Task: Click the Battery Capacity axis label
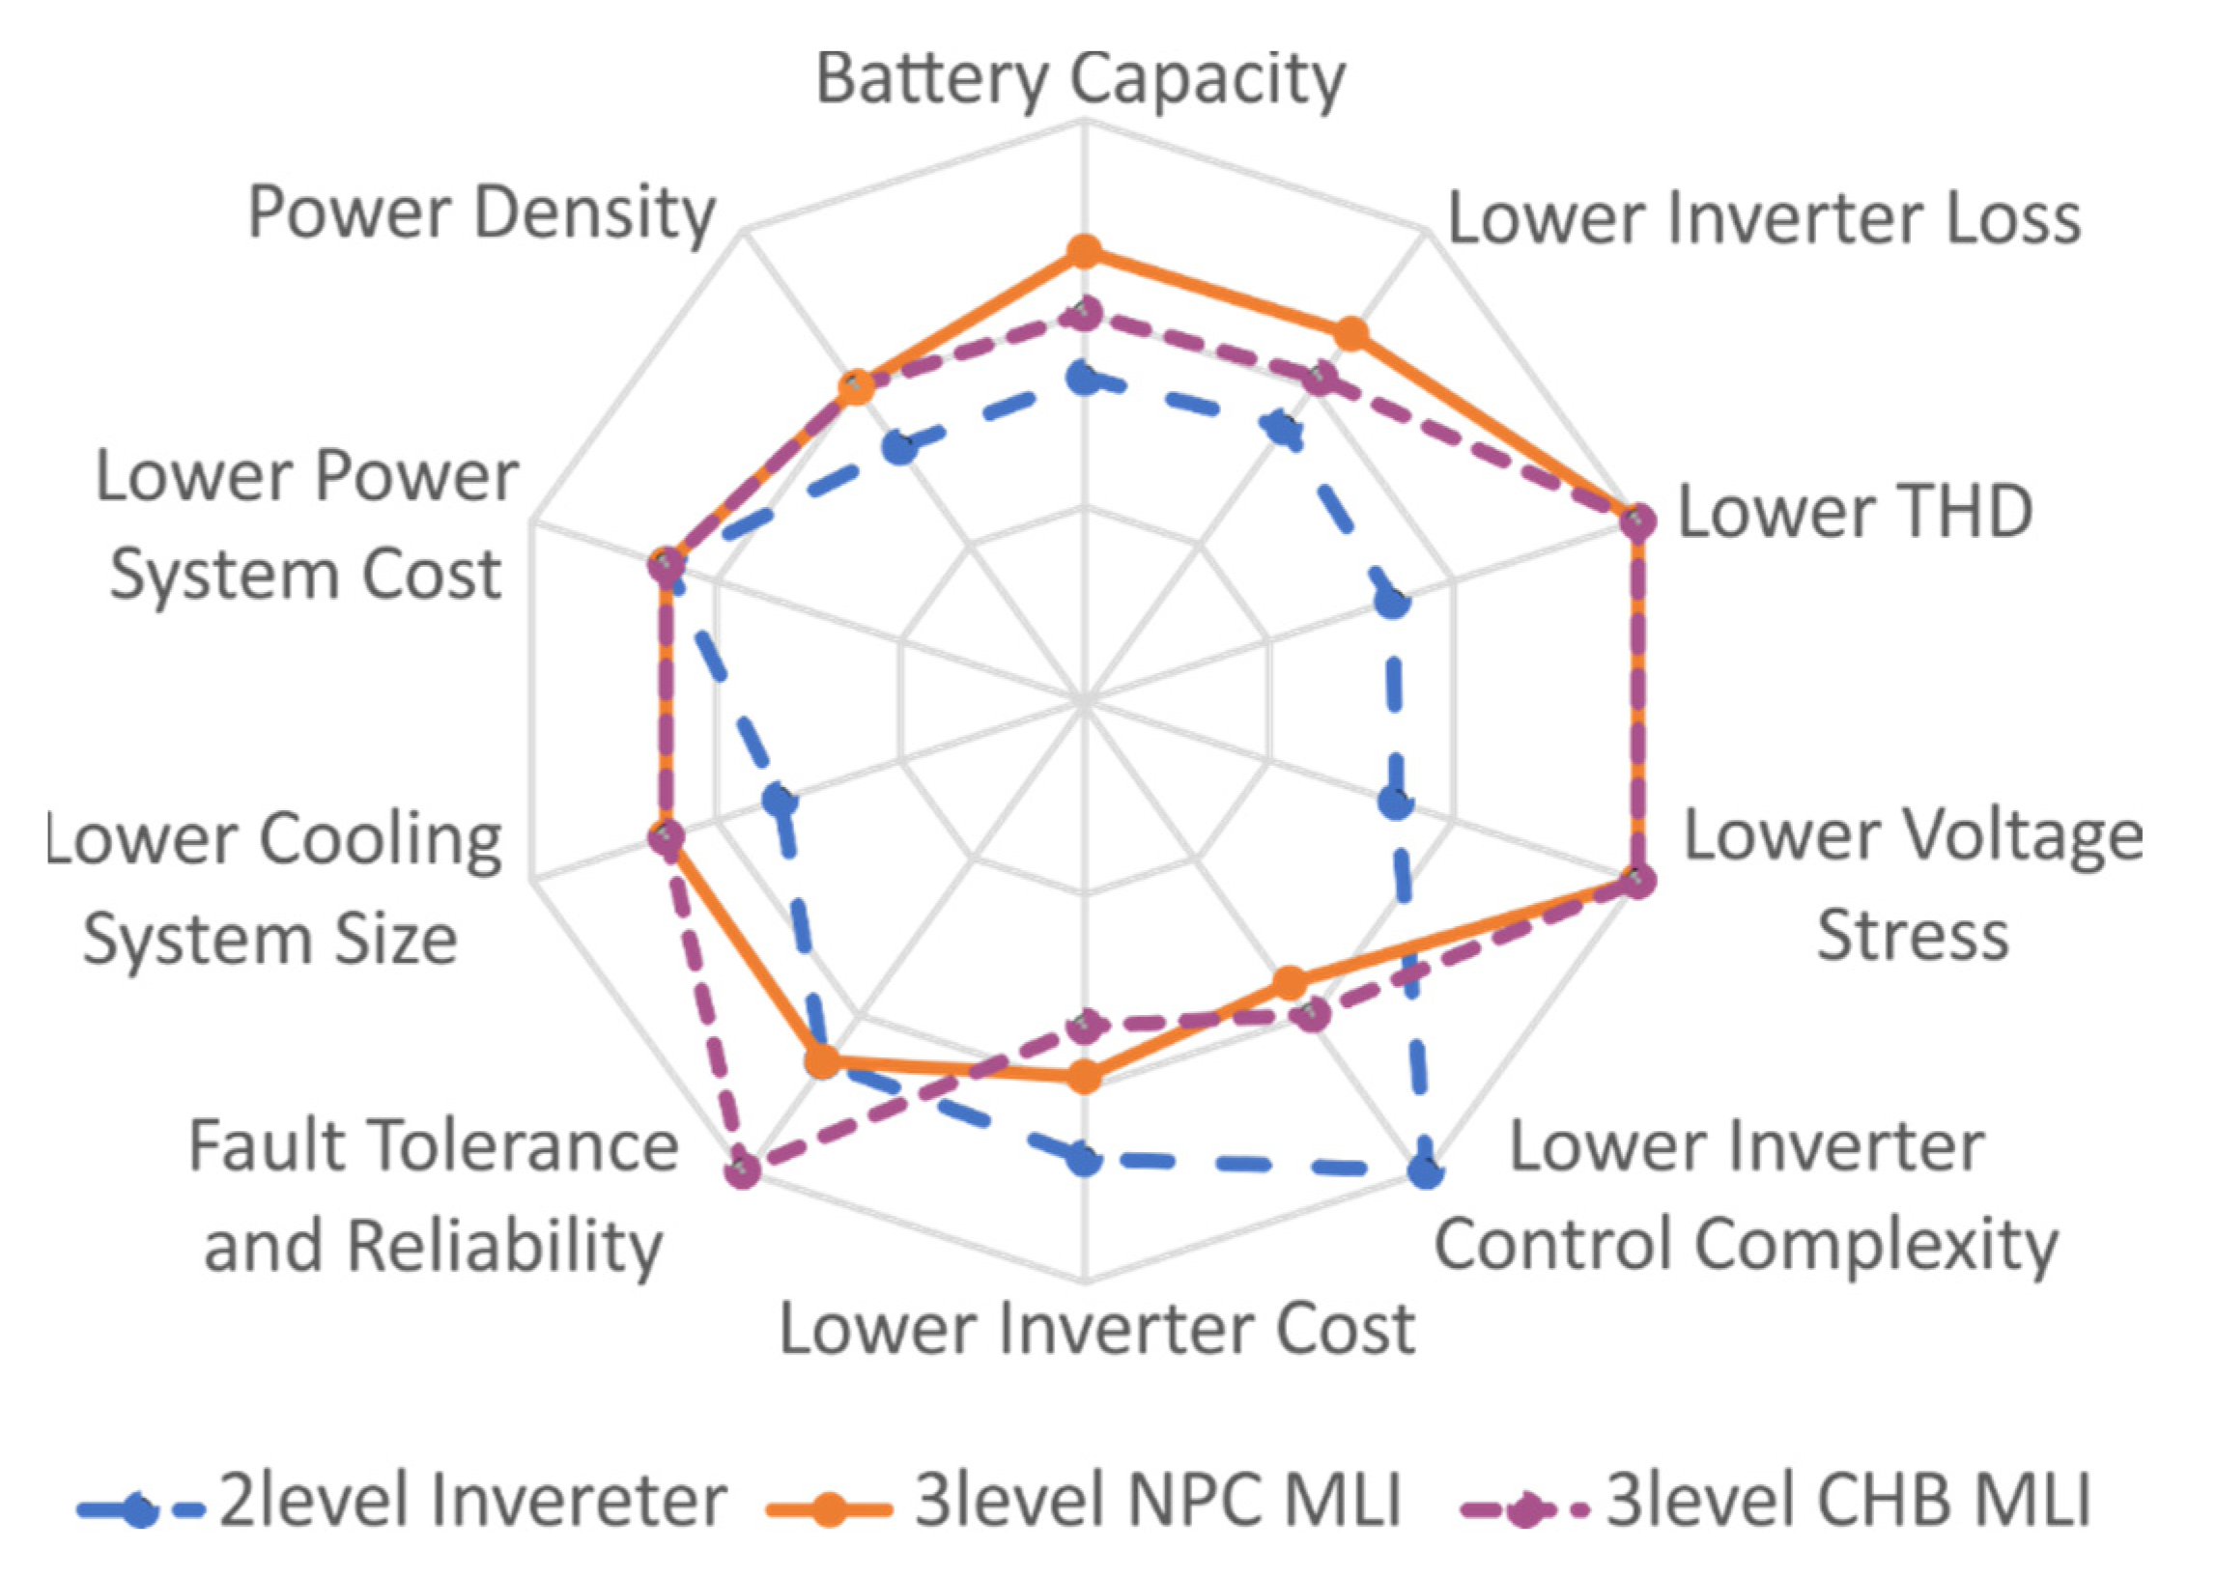point(1080,79)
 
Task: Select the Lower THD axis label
point(1855,512)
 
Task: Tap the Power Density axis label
point(482,213)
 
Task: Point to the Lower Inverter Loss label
point(1764,219)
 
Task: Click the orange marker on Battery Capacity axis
point(1084,252)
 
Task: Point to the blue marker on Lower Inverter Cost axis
point(1084,1158)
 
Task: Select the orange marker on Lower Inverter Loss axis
point(1350,334)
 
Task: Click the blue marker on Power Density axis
point(900,449)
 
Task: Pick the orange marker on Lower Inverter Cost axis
point(1084,1077)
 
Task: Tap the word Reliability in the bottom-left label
point(505,1246)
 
